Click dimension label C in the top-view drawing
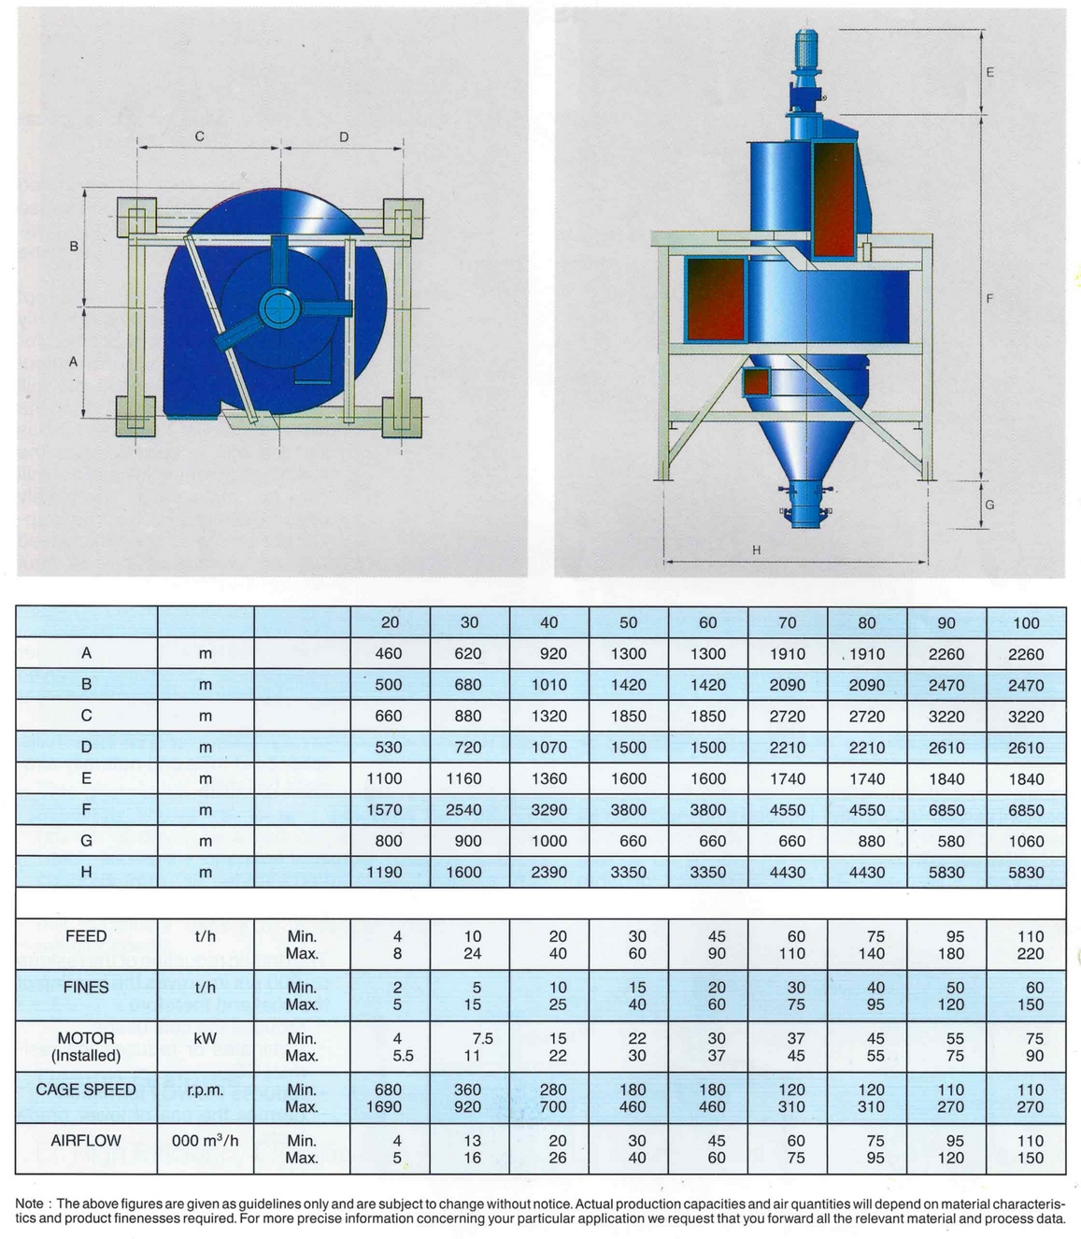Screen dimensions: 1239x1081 point(199,136)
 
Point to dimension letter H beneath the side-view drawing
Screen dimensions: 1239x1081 point(756,550)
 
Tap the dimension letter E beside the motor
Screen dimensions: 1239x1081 point(989,72)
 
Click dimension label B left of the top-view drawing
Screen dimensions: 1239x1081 point(74,247)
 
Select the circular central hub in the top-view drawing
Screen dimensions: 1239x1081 point(277,306)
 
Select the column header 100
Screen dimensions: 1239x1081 point(1025,622)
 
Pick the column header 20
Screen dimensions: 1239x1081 point(390,622)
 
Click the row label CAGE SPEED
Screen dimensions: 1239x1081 point(86,1089)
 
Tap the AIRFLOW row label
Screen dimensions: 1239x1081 point(86,1141)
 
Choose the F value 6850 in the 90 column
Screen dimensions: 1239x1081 point(946,810)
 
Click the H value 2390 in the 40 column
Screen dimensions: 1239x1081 point(548,873)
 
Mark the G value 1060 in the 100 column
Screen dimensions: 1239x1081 point(1025,841)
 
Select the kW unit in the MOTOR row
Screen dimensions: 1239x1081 point(206,1038)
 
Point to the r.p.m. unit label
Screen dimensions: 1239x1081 point(206,1089)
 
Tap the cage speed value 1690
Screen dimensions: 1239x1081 point(388,1107)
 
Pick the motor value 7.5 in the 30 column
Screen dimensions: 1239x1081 point(481,1038)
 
